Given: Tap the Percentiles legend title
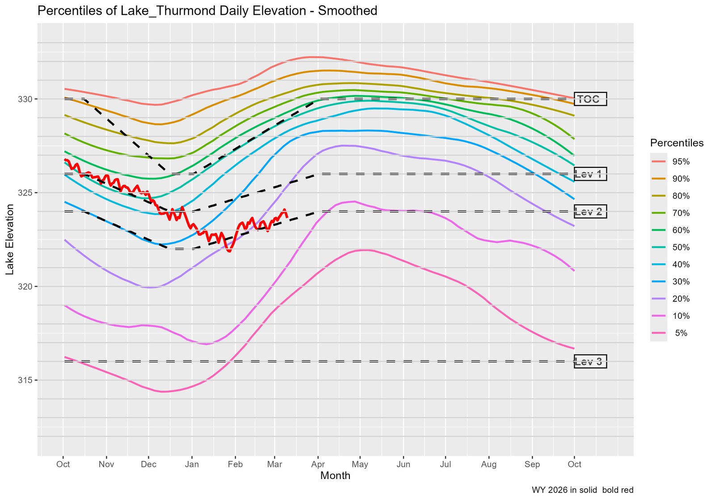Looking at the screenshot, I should [x=677, y=143].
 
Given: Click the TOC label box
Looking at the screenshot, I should [x=590, y=99].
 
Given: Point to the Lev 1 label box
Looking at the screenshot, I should [x=590, y=174].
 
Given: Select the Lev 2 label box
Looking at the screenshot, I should [x=590, y=212].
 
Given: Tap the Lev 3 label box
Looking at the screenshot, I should [x=590, y=362].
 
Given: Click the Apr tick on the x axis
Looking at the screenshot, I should [x=318, y=464].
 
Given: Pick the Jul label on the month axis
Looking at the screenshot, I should [x=445, y=464].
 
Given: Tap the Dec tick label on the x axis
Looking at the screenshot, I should [x=148, y=464].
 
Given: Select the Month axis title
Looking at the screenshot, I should [x=335, y=476].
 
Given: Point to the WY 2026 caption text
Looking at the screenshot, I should [x=582, y=490].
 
